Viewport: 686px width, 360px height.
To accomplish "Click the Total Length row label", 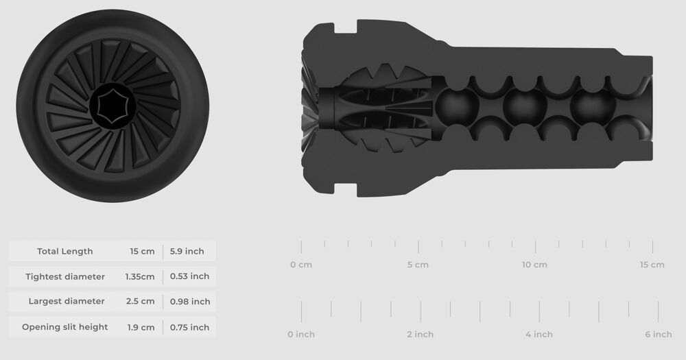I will click(x=65, y=251).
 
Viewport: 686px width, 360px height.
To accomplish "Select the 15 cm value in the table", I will click(x=142, y=251).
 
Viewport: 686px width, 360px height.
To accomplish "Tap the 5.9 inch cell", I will click(x=187, y=251).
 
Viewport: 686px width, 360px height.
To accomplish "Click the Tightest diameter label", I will click(x=65, y=276).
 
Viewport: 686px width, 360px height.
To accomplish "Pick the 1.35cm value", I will click(x=140, y=276).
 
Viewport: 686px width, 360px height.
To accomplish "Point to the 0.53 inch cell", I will click(x=189, y=276).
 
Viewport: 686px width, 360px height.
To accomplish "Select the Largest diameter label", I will click(x=67, y=301).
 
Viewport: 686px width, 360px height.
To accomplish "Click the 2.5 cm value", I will click(x=141, y=301).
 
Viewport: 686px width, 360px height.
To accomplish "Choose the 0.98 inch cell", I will click(x=190, y=301).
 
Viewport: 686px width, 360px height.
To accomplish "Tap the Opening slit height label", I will click(x=65, y=327).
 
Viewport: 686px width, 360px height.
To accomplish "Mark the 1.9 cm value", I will click(x=141, y=327).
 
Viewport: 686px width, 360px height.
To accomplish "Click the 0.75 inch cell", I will click(x=189, y=327).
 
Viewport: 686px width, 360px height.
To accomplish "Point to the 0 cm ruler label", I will click(x=301, y=265).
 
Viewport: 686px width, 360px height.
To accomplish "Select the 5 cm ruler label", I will click(x=418, y=265).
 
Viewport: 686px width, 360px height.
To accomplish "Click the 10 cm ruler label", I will click(x=534, y=265).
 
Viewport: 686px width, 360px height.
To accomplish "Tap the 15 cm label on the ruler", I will click(x=652, y=265).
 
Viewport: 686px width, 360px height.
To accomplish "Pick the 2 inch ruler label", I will click(x=420, y=335).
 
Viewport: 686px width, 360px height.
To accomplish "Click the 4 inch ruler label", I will click(x=539, y=335).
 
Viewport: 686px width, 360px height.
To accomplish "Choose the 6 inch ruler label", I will click(x=658, y=335).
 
